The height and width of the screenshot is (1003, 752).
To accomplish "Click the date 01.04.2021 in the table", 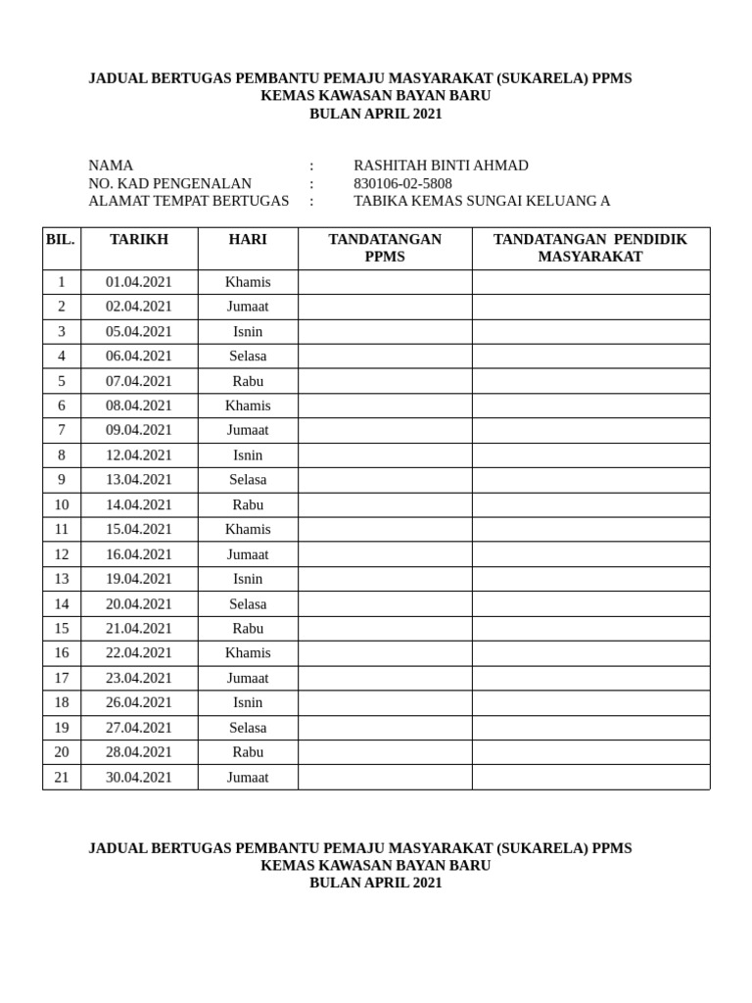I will tap(139, 282).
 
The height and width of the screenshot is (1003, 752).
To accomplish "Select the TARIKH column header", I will tap(139, 240).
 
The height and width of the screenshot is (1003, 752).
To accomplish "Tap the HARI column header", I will tap(248, 240).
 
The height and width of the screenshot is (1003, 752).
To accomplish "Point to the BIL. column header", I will tap(61, 240).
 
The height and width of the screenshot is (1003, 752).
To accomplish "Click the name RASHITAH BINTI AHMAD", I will tap(441, 166).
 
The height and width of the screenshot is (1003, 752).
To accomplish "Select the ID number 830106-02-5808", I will tap(402, 183).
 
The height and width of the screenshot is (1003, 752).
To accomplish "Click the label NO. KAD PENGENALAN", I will tap(169, 183).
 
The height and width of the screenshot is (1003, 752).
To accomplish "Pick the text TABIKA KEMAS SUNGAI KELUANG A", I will tap(482, 201).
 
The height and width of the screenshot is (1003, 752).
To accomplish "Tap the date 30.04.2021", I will tap(139, 778).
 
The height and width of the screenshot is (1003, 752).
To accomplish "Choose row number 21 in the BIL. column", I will tap(62, 778).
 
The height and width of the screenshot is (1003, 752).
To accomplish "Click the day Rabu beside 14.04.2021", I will tap(248, 505).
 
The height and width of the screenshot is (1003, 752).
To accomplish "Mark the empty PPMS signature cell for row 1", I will tap(385, 282).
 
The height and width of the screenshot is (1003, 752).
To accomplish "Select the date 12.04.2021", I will tap(139, 455).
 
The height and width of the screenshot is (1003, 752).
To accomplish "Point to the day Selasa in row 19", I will tap(248, 728).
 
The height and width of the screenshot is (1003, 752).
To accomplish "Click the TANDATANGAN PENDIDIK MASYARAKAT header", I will tap(590, 248).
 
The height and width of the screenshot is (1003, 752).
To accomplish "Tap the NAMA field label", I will tap(111, 166).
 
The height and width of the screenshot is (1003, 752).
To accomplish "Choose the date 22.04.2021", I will tap(139, 653).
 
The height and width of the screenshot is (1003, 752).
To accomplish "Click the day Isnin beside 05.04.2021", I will tap(248, 332).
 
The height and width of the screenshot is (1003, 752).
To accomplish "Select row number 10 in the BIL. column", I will tap(62, 505).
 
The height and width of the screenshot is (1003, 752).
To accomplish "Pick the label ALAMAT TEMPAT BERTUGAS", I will tap(189, 201).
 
